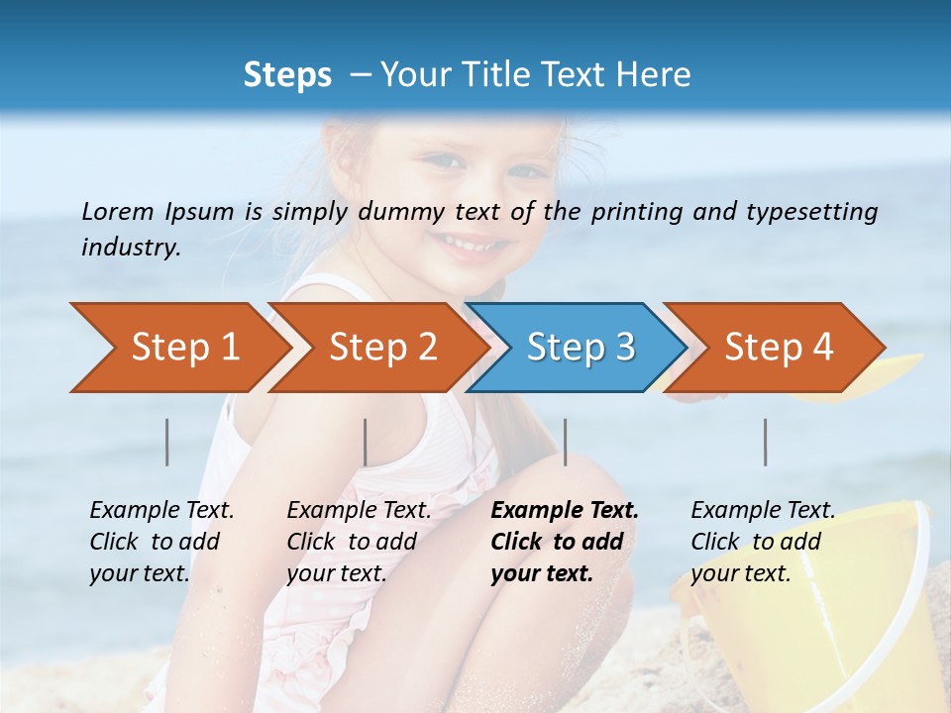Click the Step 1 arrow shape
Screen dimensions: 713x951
(x=178, y=348)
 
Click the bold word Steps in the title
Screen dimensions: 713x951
(x=287, y=75)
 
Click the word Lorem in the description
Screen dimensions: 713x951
(x=117, y=211)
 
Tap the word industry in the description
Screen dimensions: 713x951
(x=130, y=247)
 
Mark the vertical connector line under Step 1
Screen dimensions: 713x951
(x=166, y=442)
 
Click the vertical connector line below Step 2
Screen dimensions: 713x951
(x=366, y=442)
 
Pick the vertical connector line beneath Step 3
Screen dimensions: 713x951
(x=565, y=442)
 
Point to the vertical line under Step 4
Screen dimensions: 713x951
(x=766, y=442)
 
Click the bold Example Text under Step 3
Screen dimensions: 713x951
(x=565, y=511)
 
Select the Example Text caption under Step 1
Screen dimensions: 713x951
(x=161, y=511)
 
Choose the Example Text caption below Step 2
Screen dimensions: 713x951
(x=359, y=511)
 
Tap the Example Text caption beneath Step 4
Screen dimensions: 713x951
(x=763, y=511)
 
